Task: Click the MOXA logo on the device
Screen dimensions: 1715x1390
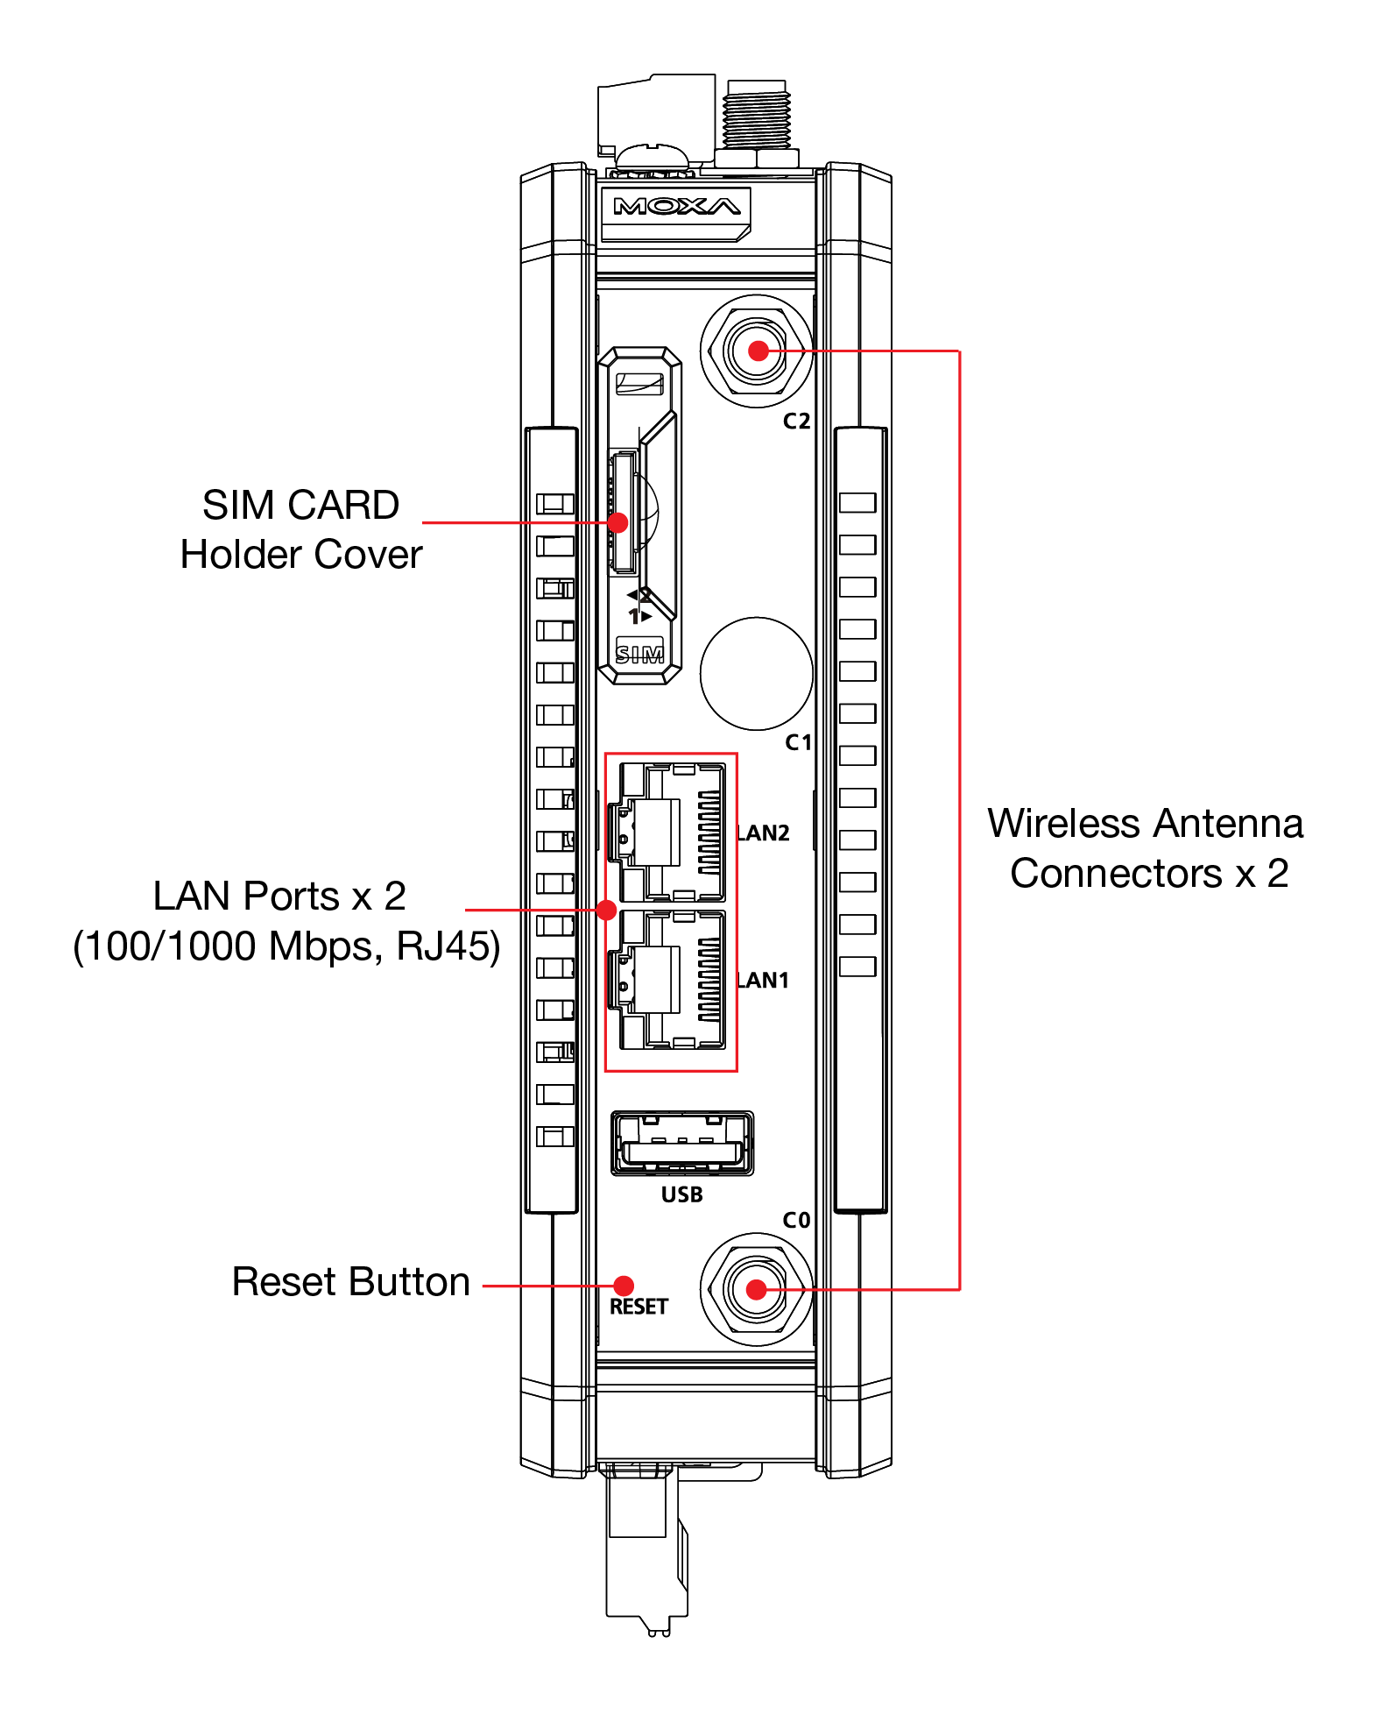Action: pyautogui.click(x=676, y=207)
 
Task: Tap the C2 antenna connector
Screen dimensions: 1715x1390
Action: pyautogui.click(x=758, y=351)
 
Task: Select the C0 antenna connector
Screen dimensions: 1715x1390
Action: pyautogui.click(x=757, y=1289)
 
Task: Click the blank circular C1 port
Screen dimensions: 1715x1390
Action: pyautogui.click(x=757, y=673)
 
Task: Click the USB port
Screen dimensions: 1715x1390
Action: pyautogui.click(x=682, y=1143)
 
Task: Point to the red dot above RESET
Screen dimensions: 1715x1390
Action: pyautogui.click(x=624, y=1286)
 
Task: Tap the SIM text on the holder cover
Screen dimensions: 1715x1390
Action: pyautogui.click(x=639, y=654)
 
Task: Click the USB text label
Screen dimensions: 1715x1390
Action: pyautogui.click(x=682, y=1194)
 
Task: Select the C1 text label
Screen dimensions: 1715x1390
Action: pyautogui.click(x=798, y=743)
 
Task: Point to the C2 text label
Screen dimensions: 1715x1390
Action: pyautogui.click(x=796, y=422)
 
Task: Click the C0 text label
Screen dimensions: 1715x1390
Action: pyautogui.click(x=796, y=1221)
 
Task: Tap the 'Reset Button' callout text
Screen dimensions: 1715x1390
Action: pyautogui.click(x=350, y=1282)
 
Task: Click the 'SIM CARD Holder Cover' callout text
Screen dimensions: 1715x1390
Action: pyautogui.click(x=301, y=529)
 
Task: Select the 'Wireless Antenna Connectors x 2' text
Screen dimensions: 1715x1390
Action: pyautogui.click(x=1146, y=848)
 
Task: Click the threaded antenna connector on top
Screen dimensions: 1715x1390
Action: pyautogui.click(x=757, y=118)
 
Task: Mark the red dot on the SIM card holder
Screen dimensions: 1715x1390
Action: pyautogui.click(x=617, y=522)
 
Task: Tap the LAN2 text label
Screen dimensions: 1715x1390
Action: pyautogui.click(x=764, y=833)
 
